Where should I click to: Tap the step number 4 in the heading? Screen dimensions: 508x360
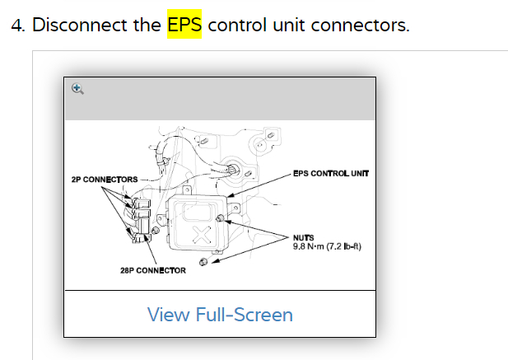16,25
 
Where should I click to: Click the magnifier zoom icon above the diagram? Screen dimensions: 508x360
77,88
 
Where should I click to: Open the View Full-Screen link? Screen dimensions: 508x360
220,314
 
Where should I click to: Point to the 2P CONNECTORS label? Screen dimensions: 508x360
104,180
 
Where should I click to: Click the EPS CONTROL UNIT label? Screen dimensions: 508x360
330,174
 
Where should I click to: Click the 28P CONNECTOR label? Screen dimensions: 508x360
152,270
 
